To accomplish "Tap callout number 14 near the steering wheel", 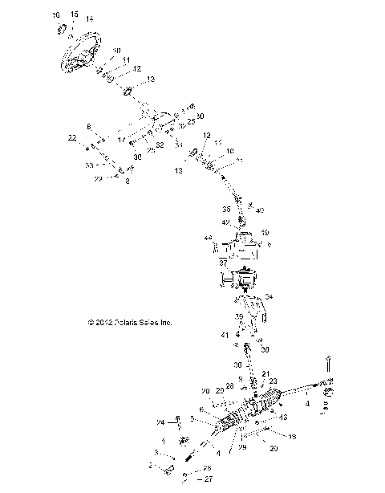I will point(89,18).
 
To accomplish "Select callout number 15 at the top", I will point(74,14).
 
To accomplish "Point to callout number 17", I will point(122,140).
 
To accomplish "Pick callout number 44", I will point(208,238).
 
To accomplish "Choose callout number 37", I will point(224,263).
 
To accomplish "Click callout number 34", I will point(268,297).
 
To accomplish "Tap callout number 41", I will point(225,334).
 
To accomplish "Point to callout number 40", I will point(259,210).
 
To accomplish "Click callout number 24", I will point(160,422).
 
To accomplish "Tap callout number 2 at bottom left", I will point(148,465).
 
